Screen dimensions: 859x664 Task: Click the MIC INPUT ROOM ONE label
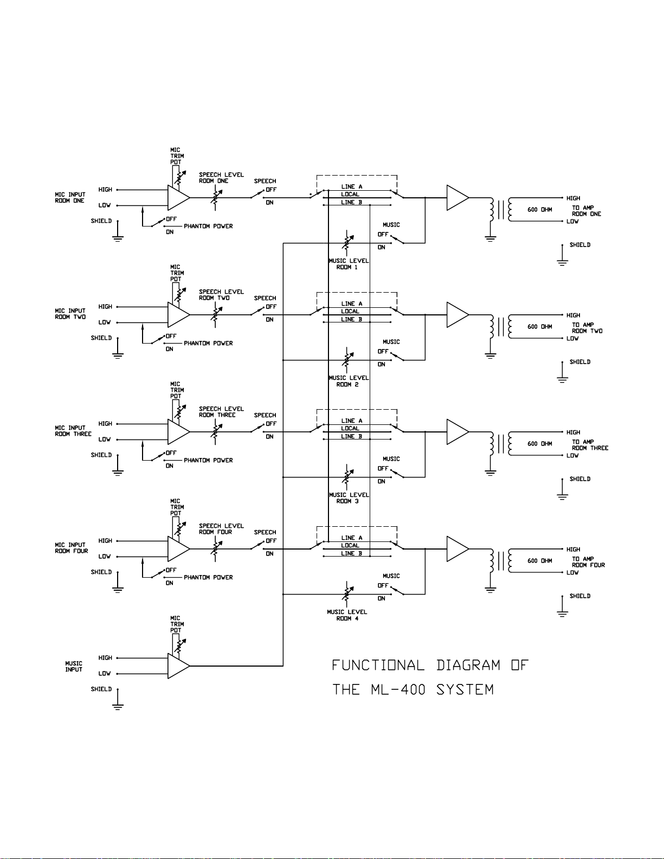(x=70, y=197)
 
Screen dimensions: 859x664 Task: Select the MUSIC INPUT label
(x=74, y=666)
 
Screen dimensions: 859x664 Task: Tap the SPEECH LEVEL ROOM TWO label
(x=221, y=295)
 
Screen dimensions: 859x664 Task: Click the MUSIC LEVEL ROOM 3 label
(x=349, y=498)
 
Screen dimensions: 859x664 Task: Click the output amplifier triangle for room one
(x=456, y=198)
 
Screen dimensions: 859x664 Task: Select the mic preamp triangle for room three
(x=177, y=432)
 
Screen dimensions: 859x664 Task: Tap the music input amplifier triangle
(x=177, y=666)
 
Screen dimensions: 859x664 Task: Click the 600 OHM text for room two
(x=539, y=327)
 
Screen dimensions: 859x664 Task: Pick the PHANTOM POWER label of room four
(x=208, y=578)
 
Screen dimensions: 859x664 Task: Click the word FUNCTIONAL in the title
(x=378, y=666)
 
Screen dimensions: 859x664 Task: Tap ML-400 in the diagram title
(x=398, y=690)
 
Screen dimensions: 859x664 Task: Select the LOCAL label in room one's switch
(x=350, y=195)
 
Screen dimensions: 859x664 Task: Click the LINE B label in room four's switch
(x=351, y=554)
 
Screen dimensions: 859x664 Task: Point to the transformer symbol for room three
(x=501, y=444)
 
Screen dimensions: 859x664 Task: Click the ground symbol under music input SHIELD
(x=118, y=705)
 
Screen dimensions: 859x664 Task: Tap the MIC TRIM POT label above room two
(x=177, y=273)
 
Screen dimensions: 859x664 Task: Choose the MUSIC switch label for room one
(x=391, y=225)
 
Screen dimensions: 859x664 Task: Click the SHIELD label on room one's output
(x=579, y=245)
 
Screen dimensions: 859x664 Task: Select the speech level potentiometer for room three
(x=216, y=432)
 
